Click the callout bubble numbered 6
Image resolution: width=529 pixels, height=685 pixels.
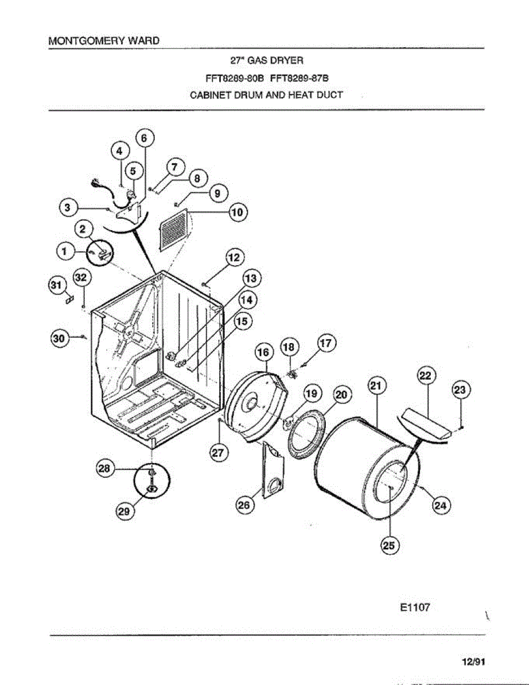(144, 138)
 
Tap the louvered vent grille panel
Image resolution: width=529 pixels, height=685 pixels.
(173, 230)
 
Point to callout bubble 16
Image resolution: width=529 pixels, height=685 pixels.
(263, 353)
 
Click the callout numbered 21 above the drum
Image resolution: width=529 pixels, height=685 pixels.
(377, 386)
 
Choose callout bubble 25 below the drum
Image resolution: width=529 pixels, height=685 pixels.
(389, 545)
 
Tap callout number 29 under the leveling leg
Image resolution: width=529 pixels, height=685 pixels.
(124, 512)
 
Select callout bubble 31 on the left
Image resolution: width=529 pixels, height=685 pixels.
(56, 284)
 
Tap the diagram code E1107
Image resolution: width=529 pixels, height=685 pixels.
(410, 607)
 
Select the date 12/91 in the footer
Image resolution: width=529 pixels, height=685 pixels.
(473, 662)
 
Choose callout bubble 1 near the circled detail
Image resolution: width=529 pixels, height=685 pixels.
(66, 249)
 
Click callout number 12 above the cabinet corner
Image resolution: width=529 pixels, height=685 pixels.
(234, 257)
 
